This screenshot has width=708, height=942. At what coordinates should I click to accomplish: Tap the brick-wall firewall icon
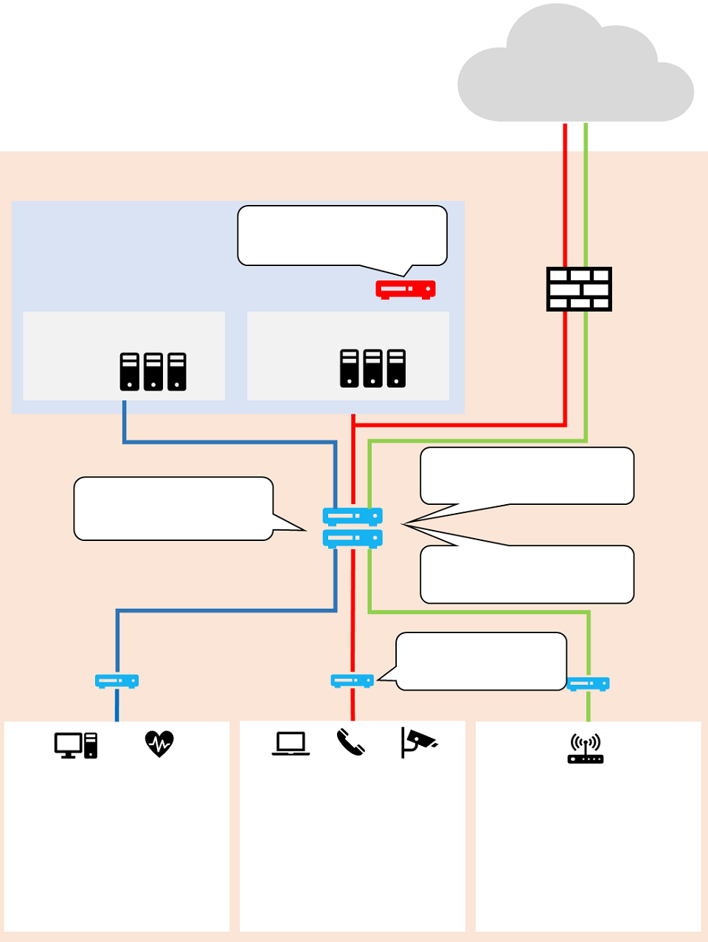(x=579, y=289)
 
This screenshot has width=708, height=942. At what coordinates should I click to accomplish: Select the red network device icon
(x=405, y=289)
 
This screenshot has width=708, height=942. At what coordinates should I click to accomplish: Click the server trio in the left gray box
(x=153, y=371)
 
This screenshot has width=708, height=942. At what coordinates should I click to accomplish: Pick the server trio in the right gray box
(x=372, y=369)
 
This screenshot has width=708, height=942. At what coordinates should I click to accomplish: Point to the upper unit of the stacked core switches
(x=353, y=516)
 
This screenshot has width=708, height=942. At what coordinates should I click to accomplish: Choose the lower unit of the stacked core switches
(x=353, y=538)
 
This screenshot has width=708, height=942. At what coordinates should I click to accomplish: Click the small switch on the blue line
(x=117, y=681)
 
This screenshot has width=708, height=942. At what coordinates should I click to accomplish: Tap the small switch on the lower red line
(x=352, y=680)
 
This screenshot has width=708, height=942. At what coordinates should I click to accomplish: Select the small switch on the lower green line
(x=588, y=683)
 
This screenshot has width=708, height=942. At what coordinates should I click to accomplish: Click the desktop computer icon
(x=75, y=745)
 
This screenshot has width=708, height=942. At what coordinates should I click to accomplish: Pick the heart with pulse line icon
(x=159, y=744)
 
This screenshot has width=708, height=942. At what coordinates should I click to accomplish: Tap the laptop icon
(x=291, y=744)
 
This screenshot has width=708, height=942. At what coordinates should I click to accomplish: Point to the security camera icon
(x=418, y=742)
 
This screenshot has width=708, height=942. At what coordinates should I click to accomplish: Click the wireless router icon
(x=586, y=748)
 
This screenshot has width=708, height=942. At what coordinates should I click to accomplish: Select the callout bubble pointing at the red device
(x=342, y=235)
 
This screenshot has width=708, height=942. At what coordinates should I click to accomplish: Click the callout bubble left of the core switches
(x=173, y=509)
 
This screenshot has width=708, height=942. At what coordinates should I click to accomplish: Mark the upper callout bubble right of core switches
(x=527, y=475)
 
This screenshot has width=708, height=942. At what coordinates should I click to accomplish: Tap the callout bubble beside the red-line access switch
(x=481, y=661)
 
